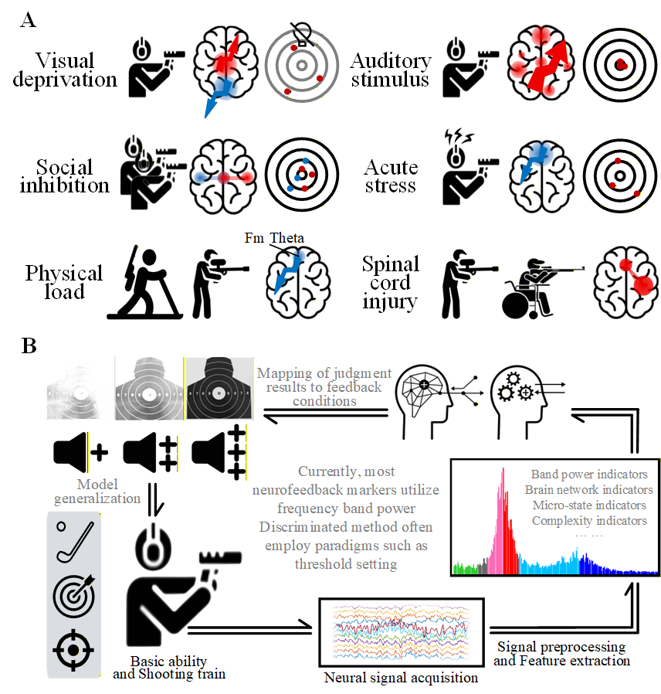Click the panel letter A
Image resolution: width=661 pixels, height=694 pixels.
pyautogui.click(x=28, y=21)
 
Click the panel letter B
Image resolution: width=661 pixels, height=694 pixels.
pyautogui.click(x=28, y=345)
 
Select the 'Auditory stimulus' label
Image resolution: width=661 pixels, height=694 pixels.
pyautogui.click(x=390, y=70)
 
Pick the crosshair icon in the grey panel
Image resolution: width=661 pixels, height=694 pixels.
pyautogui.click(x=71, y=648)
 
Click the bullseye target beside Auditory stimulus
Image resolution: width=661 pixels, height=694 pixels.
pyautogui.click(x=619, y=67)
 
